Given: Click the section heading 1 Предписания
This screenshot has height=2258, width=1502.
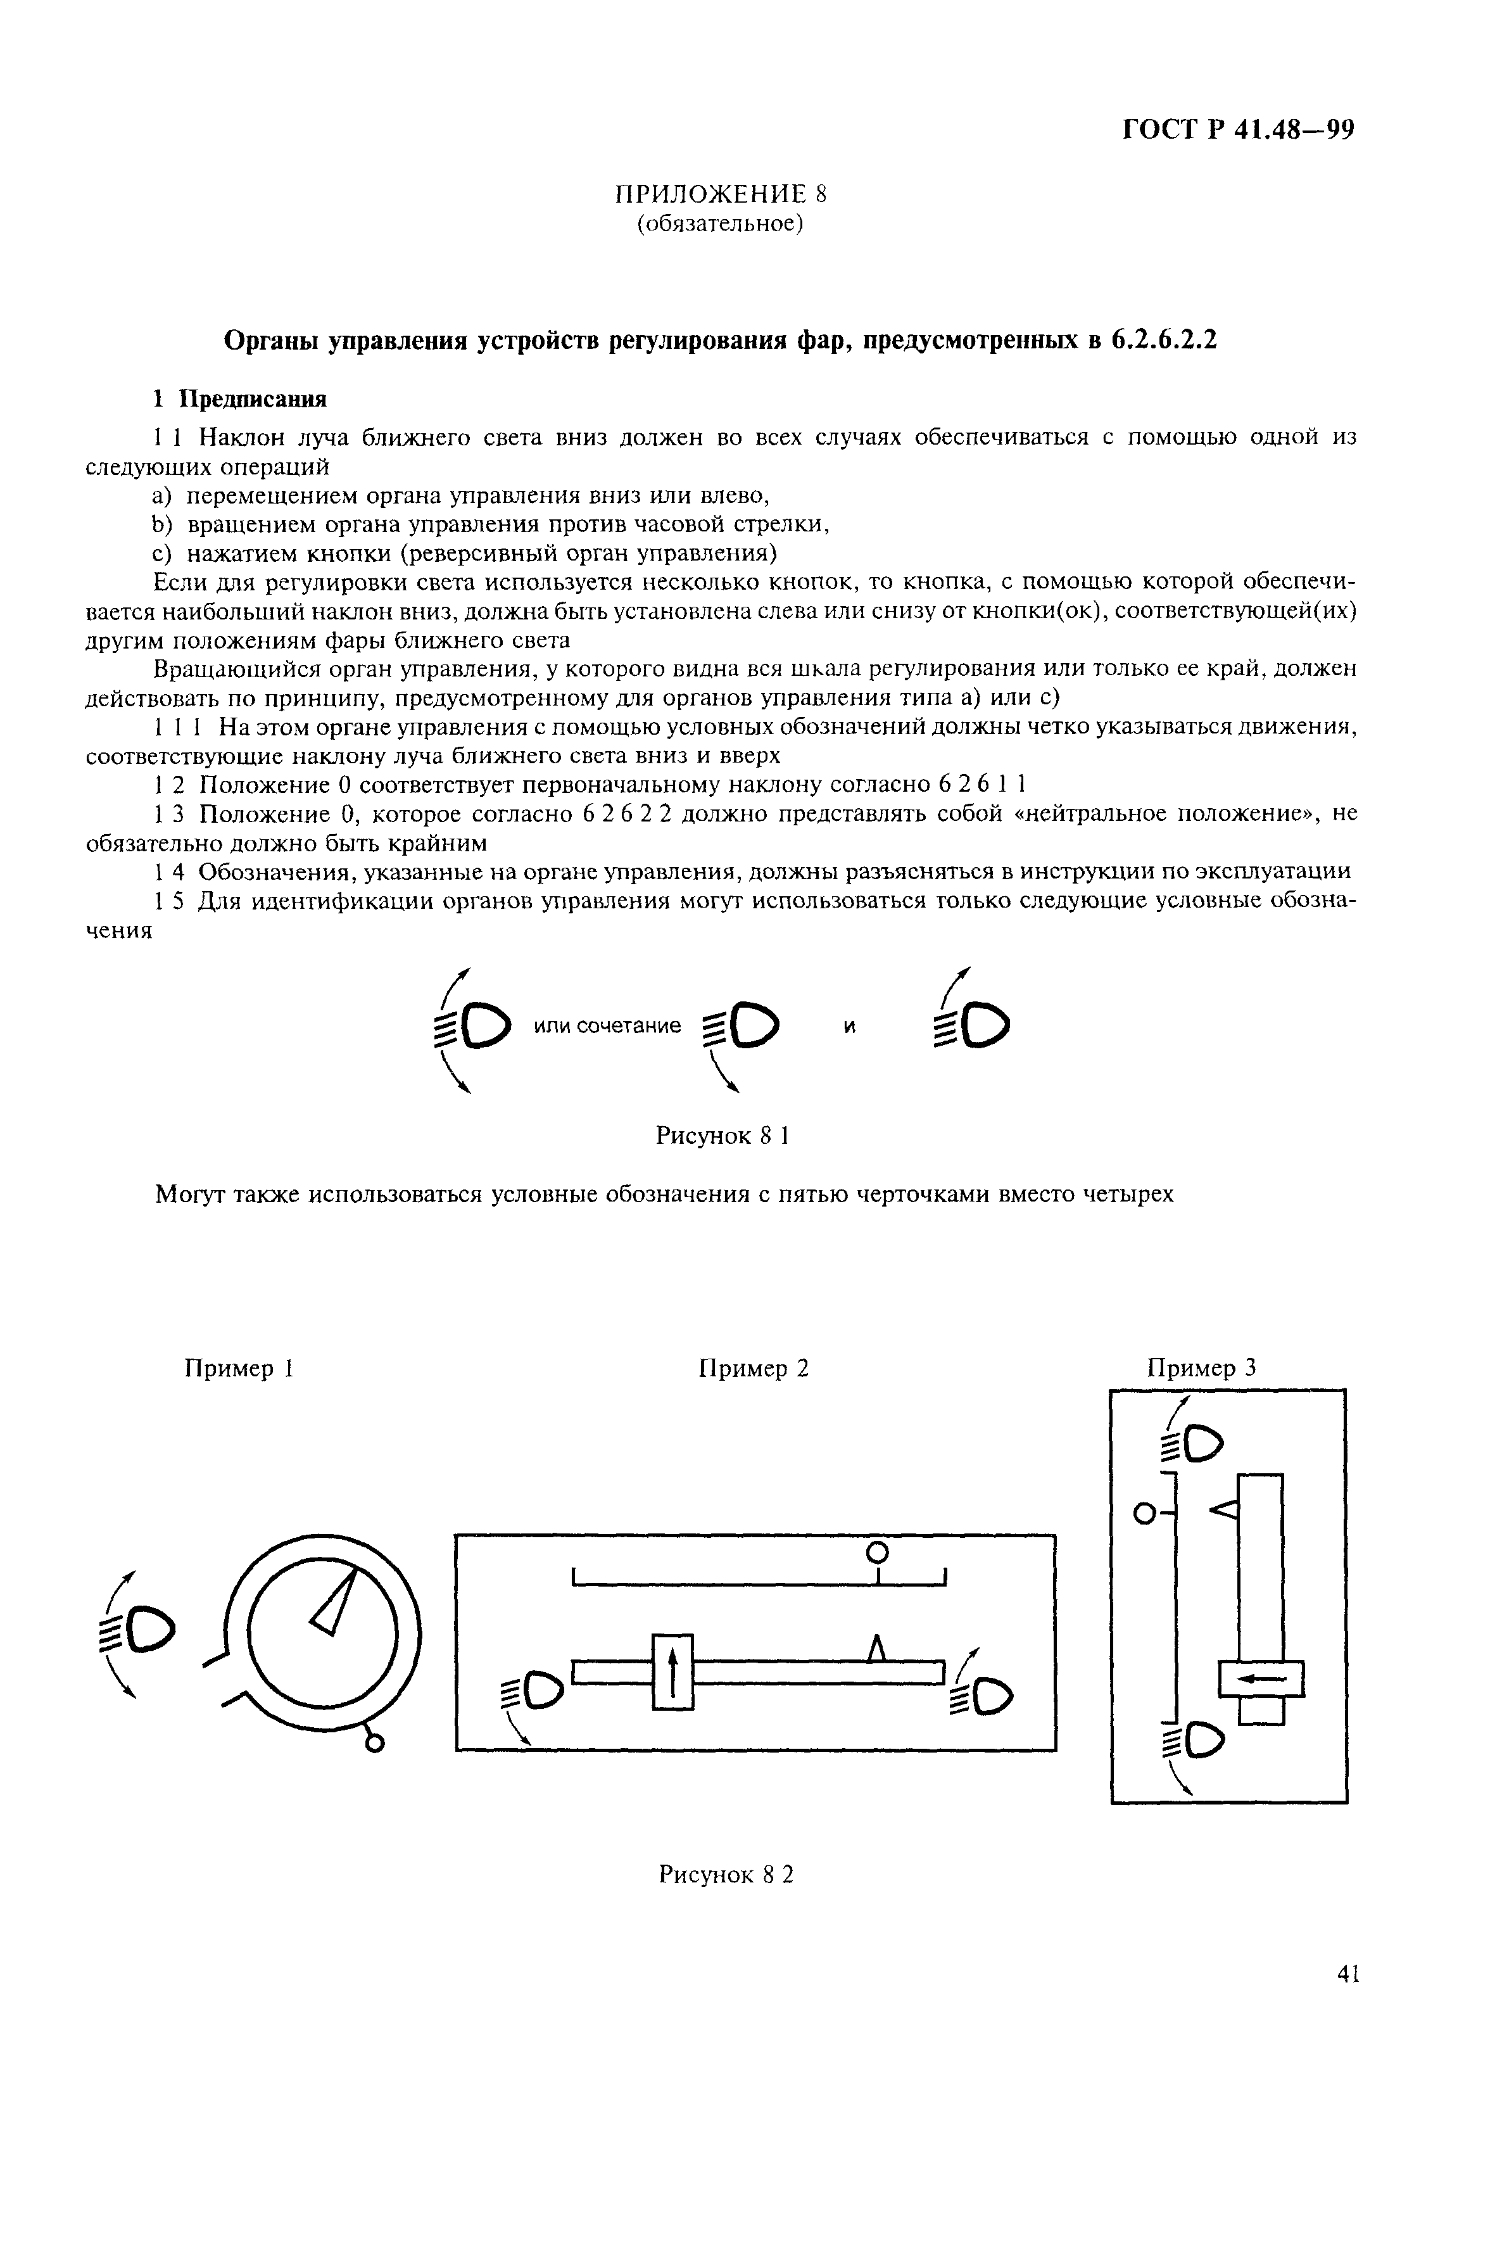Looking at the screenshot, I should (x=241, y=398).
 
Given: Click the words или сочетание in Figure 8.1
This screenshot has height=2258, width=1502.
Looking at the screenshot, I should (x=607, y=1026).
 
